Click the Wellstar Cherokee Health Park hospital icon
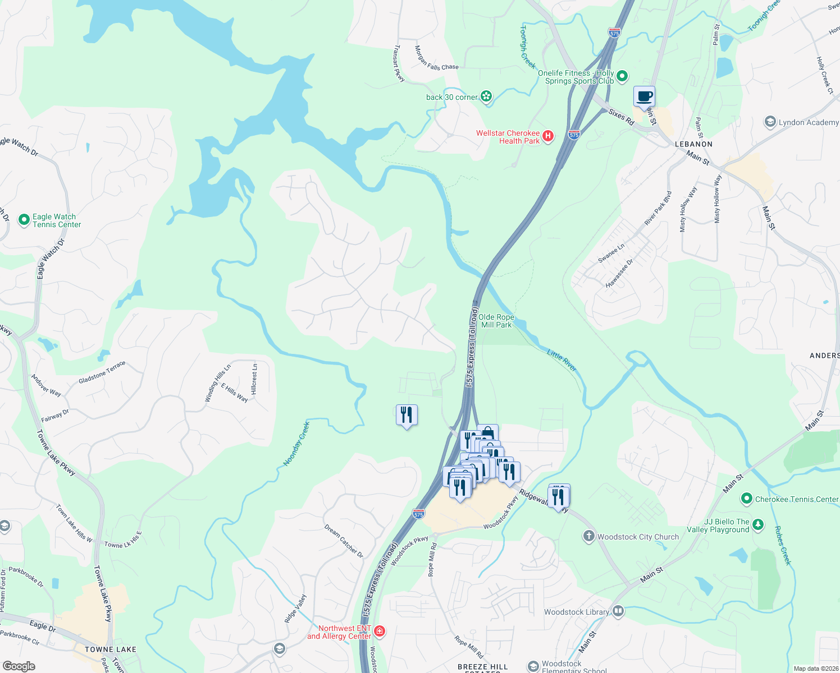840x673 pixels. [x=548, y=136]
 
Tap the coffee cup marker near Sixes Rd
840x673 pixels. [x=644, y=96]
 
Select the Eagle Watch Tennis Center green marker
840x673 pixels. [x=24, y=220]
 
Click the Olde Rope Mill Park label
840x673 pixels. [x=496, y=321]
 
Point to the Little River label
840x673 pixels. [x=562, y=360]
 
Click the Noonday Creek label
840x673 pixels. [x=296, y=443]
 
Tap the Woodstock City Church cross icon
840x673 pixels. [x=588, y=536]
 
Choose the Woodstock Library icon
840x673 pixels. [x=618, y=611]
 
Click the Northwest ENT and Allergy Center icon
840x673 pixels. [x=380, y=631]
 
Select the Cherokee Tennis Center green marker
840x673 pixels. [x=746, y=499]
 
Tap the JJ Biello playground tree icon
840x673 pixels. [x=758, y=525]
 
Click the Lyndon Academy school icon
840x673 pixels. [x=770, y=122]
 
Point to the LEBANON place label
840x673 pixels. [x=693, y=144]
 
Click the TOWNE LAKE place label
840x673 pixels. [x=111, y=649]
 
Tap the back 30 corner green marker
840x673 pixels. [x=486, y=96]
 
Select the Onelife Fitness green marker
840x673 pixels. [x=622, y=76]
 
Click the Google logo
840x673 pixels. [x=19, y=666]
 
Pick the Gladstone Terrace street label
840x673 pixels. [x=102, y=372]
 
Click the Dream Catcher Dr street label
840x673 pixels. [x=344, y=541]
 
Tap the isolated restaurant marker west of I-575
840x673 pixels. [x=407, y=415]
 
